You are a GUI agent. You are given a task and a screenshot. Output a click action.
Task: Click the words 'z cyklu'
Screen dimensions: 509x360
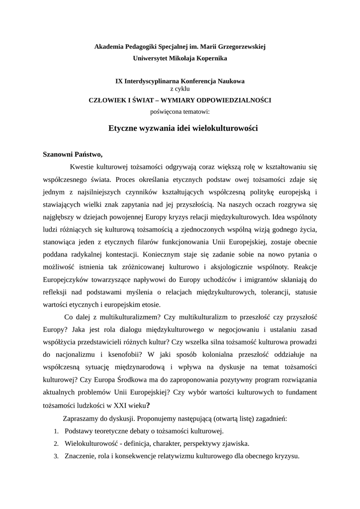[x=180, y=88]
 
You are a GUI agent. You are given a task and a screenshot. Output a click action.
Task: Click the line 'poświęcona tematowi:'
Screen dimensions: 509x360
[x=180, y=112]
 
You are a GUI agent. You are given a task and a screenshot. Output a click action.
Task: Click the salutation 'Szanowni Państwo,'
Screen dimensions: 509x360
[x=73, y=154]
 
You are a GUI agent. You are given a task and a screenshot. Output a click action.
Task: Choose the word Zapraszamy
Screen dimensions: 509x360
[x=83, y=419]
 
